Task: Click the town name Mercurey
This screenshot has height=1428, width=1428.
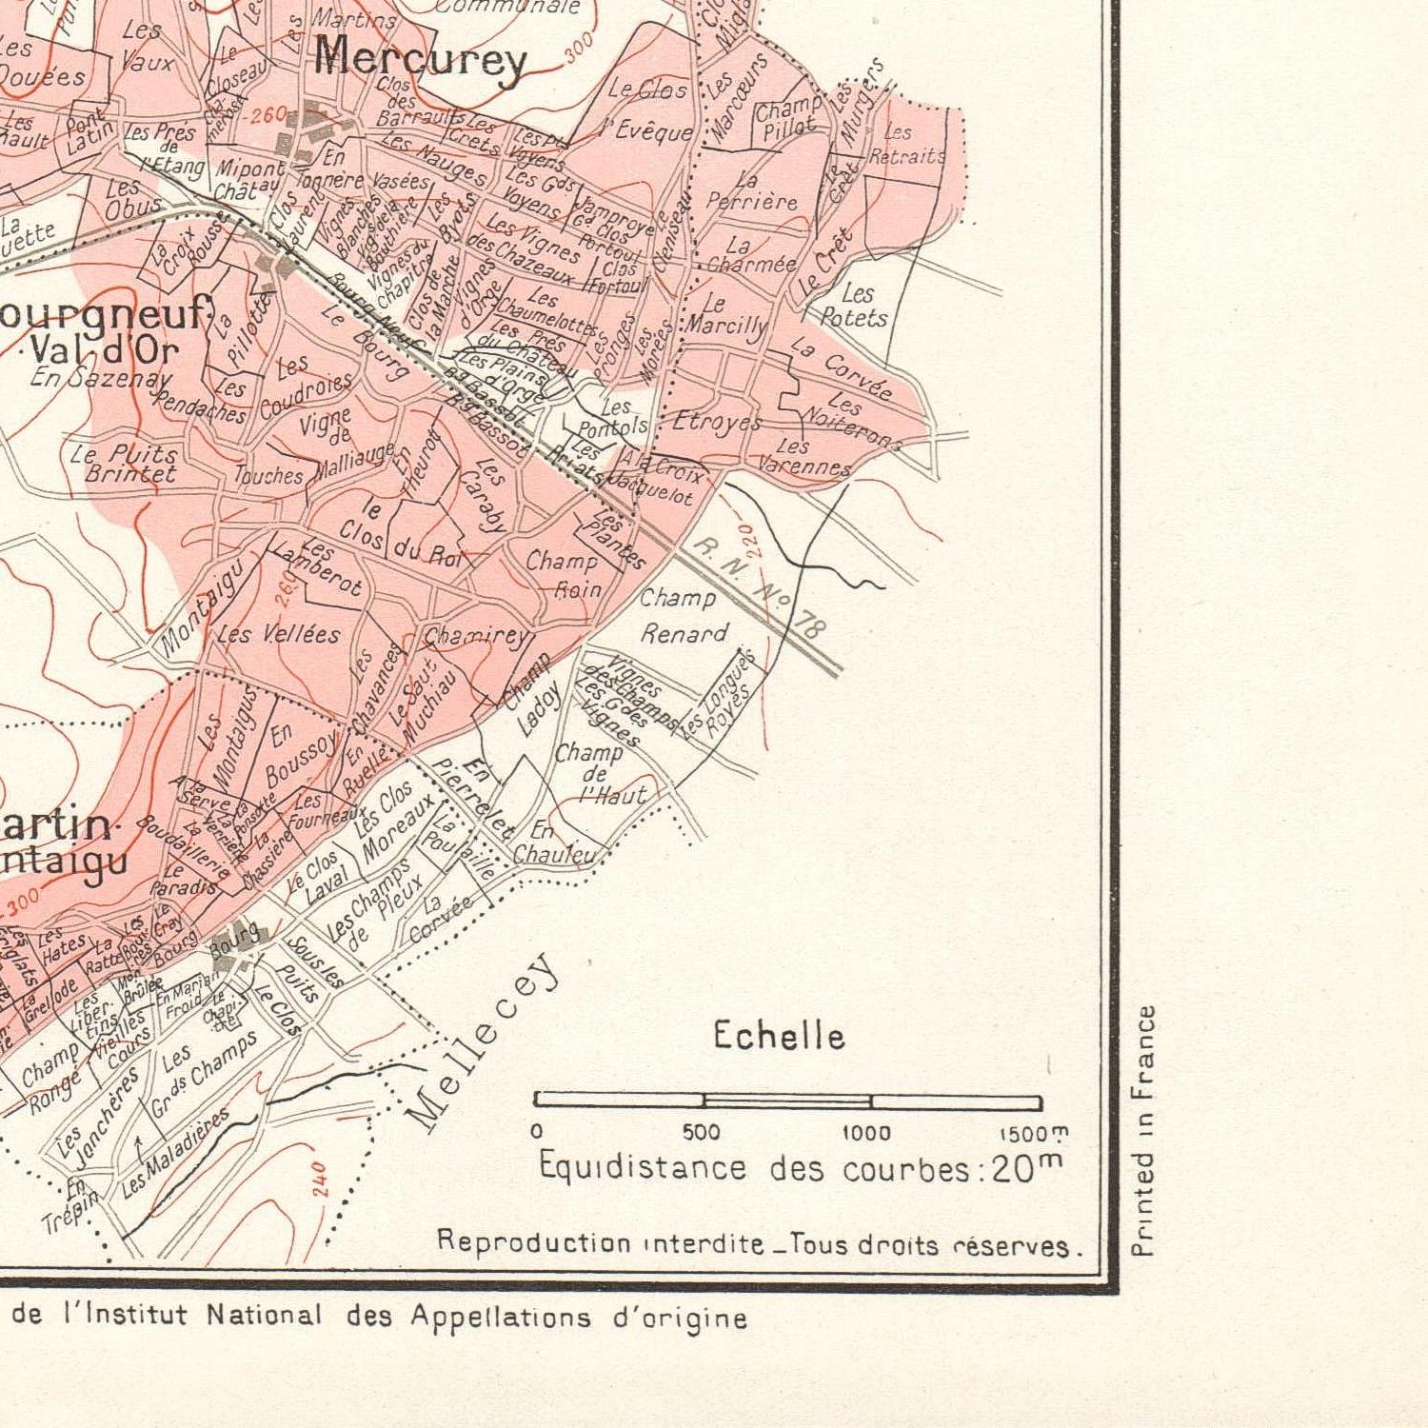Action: click(420, 60)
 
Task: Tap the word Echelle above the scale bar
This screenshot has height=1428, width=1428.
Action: click(779, 1036)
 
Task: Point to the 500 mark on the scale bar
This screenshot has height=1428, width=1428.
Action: click(702, 1133)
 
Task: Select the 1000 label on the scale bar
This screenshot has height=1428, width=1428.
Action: click(866, 1133)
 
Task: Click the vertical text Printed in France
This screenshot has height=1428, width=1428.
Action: click(1145, 1131)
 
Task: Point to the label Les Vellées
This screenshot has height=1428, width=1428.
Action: click(278, 634)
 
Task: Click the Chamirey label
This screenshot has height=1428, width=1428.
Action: click(474, 636)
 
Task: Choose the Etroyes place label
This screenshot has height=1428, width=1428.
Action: click(717, 421)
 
